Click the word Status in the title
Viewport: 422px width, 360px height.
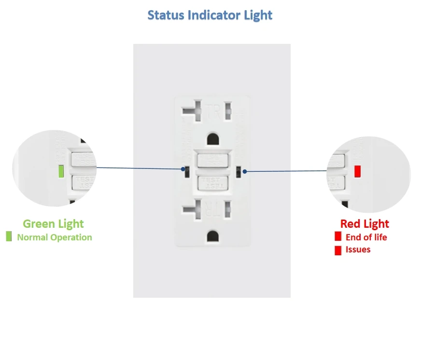165,15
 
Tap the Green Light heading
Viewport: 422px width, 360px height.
53,224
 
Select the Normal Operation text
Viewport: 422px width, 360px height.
54,237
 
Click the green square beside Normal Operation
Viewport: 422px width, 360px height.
9,237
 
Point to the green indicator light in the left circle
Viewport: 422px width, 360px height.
61,171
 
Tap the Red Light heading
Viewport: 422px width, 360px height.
365,224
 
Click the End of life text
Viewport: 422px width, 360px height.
366,237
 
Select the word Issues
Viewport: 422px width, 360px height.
358,249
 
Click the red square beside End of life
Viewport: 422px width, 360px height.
338,237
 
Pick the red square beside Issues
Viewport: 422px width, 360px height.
338,250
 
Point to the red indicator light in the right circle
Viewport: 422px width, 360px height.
357,171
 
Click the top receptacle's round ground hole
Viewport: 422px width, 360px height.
211,139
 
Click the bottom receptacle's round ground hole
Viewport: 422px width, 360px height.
211,235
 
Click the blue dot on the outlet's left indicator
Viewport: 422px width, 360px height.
183,169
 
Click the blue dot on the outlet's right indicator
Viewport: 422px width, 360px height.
245,171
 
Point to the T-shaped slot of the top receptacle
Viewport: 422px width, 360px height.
194,109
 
